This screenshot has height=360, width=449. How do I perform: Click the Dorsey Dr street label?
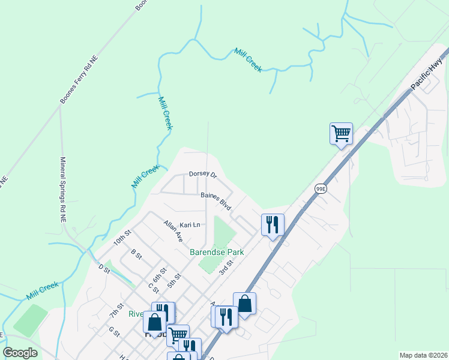(x=202, y=174)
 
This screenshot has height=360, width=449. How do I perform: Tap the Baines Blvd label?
(x=216, y=200)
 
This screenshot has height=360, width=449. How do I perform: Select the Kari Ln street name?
(x=189, y=225)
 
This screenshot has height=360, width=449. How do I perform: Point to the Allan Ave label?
(x=173, y=230)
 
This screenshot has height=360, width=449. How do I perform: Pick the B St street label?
(x=136, y=256)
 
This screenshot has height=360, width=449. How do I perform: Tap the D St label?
(x=104, y=268)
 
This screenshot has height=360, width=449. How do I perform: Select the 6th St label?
(x=158, y=274)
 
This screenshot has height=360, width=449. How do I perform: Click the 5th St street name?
(x=174, y=280)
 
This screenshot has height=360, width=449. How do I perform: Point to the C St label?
(x=152, y=287)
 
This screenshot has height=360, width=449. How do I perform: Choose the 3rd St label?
(x=226, y=266)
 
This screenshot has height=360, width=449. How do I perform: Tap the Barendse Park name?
(x=217, y=252)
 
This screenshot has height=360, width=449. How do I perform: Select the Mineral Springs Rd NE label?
(x=62, y=190)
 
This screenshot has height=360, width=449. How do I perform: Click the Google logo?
(x=20, y=353)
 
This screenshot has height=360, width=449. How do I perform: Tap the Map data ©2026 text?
(x=423, y=355)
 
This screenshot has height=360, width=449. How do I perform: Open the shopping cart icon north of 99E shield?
(x=341, y=133)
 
